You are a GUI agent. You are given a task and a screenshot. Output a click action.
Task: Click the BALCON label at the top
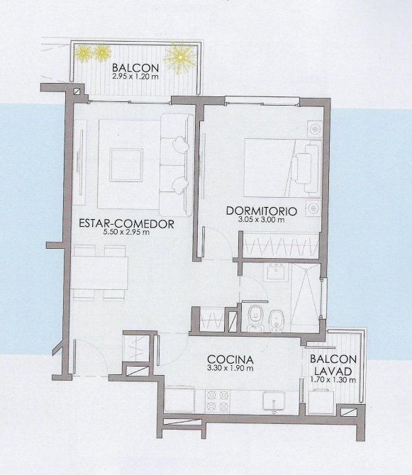(x=135, y=67)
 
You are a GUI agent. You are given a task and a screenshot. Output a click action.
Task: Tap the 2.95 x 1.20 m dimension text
(x=135, y=77)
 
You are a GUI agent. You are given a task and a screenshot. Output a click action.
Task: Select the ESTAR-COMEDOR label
(x=126, y=223)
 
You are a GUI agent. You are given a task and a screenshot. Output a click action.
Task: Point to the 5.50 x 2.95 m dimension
(x=126, y=233)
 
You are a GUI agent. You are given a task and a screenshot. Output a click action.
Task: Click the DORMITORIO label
(x=262, y=211)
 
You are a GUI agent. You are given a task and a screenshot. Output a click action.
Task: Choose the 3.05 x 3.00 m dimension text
(x=262, y=220)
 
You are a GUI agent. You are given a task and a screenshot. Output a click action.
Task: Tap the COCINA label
(x=230, y=359)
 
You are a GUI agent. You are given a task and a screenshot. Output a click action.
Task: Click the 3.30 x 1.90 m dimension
(x=230, y=369)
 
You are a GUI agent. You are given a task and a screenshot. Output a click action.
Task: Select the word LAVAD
(x=333, y=371)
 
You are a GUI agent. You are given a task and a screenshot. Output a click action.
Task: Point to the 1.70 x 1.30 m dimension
(x=333, y=379)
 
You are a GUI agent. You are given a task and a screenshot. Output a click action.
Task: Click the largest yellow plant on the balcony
(x=180, y=57)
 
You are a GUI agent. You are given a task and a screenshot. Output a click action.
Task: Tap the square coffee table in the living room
(x=126, y=165)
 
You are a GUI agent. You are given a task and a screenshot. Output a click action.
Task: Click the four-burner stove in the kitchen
(x=217, y=401)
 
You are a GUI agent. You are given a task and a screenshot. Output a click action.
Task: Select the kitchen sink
(x=274, y=401)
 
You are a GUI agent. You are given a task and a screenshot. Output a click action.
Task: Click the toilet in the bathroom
(x=254, y=318)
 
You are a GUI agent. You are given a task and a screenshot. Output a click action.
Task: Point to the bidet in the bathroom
(x=276, y=321)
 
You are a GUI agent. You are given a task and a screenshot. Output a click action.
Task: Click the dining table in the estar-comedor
(x=99, y=273)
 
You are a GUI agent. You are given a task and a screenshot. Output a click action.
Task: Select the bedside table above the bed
(x=314, y=130)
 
